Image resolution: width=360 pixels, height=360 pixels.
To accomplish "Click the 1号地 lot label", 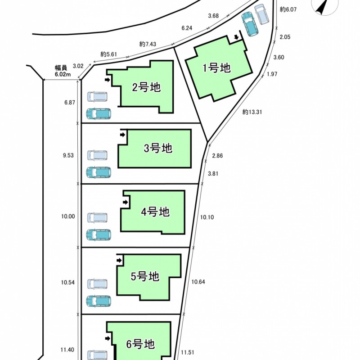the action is pos(216,68).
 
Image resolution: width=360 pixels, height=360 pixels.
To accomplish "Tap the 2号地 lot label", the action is pos(146,87).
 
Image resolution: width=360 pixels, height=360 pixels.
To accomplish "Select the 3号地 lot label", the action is pos(158,148).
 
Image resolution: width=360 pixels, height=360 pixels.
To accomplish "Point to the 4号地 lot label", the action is pos(155,211).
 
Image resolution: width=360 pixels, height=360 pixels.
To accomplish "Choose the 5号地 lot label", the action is pos(145,276).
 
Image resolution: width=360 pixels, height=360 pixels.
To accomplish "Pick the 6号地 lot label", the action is pos(140,344).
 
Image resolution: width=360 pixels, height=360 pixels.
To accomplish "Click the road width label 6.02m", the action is pos(63,74).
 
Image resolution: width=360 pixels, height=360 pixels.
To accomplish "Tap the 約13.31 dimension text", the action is pos(252,112).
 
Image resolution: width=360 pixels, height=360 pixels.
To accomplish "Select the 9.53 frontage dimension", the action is pos(68,155).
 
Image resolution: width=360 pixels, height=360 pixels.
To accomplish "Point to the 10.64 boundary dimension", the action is pos(198,282).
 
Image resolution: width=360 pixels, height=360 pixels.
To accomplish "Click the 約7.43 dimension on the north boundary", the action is pos(148,44).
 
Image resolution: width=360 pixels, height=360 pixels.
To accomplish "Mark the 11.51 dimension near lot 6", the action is pos(187,352).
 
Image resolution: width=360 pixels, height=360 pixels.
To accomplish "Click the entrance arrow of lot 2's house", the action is pos(107,80).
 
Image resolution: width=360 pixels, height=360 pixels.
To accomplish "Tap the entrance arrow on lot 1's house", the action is pos(236,37).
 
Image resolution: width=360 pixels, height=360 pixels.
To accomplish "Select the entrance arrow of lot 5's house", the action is pos(119,261).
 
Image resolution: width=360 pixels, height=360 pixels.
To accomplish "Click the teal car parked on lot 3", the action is pos(99,172).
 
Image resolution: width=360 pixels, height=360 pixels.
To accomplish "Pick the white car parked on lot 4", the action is pos(97,218).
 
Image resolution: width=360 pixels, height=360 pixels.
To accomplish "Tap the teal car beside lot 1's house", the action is pos(250,24).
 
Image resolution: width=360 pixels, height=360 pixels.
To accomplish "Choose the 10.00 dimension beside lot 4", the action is pos(68,216).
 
